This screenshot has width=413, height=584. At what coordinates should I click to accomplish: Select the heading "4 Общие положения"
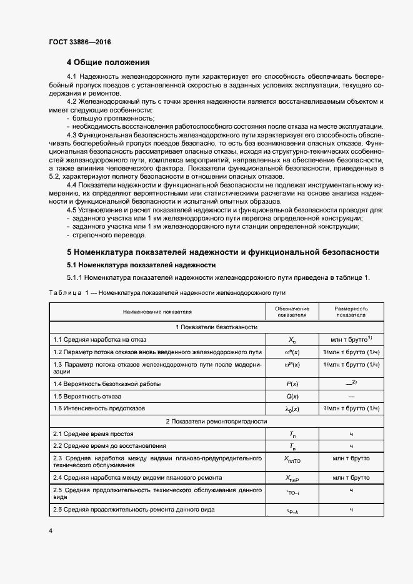[108, 62]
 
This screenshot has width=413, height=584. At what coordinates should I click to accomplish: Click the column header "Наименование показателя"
[157, 312]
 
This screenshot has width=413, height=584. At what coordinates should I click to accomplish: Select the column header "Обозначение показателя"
[292, 312]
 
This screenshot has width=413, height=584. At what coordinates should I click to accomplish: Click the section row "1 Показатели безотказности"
[216, 327]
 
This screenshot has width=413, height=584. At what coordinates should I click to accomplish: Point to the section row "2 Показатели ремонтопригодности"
[216, 421]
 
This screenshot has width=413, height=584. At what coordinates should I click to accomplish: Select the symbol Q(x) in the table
[292, 396]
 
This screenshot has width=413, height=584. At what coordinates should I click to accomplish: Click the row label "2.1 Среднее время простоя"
[93, 433]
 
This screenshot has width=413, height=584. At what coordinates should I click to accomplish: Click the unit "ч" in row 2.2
[351, 446]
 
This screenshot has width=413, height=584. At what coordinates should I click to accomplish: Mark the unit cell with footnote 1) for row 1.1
[351, 339]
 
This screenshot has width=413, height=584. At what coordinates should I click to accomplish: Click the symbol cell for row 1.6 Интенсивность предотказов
[292, 408]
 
